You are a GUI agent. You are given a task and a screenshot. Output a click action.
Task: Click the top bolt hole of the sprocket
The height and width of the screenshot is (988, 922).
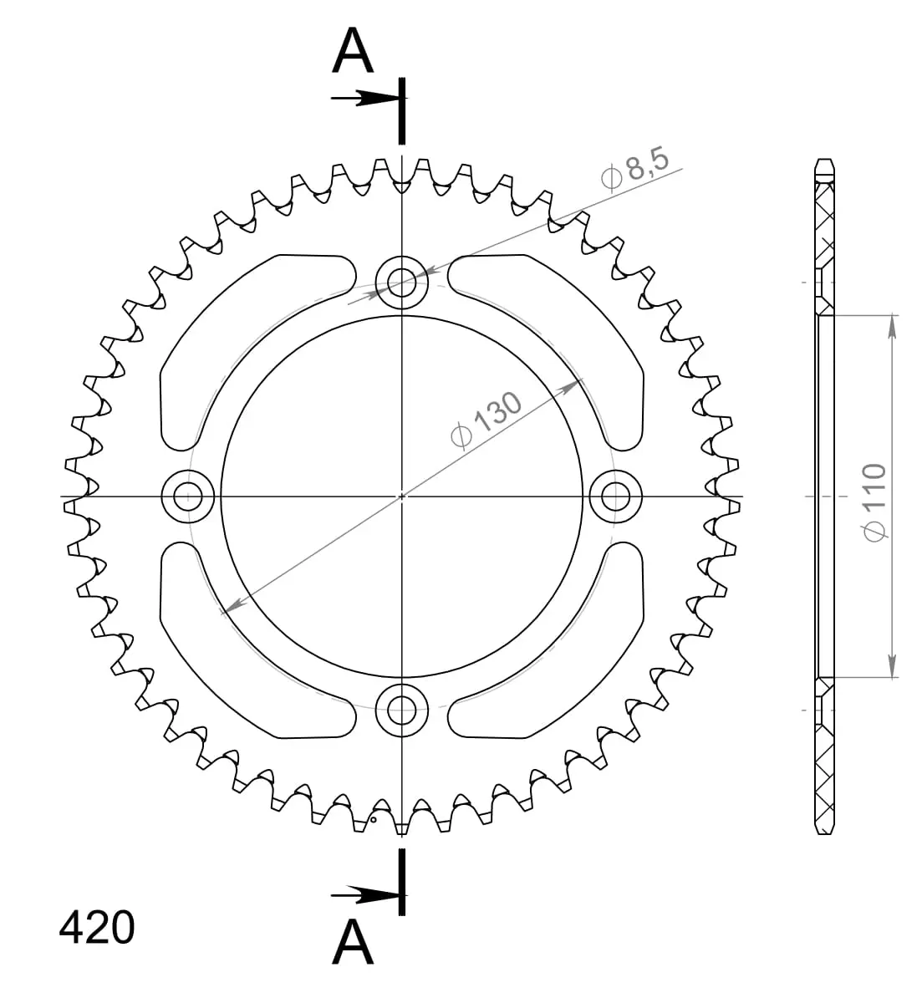[x=401, y=282]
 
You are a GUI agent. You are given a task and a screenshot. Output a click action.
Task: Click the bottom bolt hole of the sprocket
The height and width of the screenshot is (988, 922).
[x=401, y=710]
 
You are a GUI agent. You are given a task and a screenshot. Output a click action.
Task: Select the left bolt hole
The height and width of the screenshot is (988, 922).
[x=188, y=497]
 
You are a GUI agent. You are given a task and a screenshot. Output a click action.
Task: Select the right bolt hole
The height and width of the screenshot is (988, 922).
[x=616, y=497]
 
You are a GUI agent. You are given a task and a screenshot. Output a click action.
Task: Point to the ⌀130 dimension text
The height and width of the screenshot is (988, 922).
[x=486, y=420]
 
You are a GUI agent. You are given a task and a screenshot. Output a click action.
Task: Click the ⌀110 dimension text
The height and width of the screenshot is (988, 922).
[x=874, y=502]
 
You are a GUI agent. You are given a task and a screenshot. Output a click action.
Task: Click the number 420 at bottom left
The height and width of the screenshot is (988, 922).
[x=96, y=928]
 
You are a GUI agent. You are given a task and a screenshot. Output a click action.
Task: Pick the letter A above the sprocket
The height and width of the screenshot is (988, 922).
[x=353, y=50]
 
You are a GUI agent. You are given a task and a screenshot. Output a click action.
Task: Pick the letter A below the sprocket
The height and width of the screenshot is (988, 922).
[x=353, y=940]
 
